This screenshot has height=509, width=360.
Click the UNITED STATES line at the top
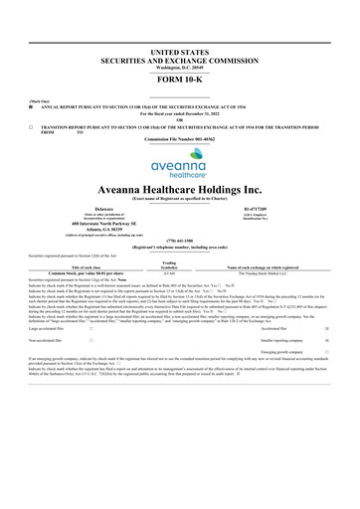(180, 49)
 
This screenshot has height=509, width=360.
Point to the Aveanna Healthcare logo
(180, 165)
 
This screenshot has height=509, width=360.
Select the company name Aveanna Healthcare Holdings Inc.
(180, 188)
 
